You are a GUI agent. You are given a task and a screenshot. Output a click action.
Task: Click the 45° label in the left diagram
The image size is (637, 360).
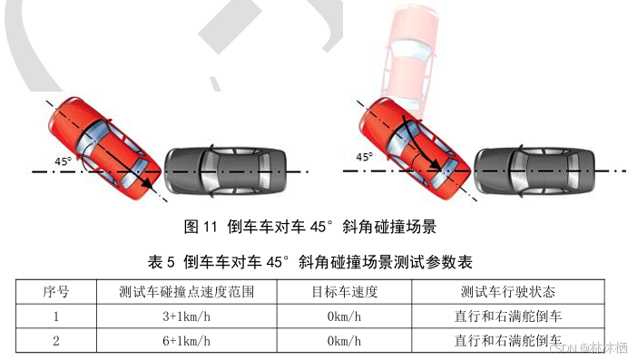(63, 161)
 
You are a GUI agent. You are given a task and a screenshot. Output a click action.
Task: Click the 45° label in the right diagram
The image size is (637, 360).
(365, 157)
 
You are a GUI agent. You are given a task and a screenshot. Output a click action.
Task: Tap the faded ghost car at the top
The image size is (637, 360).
(409, 59)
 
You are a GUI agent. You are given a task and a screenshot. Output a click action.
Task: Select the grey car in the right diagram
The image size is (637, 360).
(534, 170)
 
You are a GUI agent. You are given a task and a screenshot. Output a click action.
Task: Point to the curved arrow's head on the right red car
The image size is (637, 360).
(436, 164)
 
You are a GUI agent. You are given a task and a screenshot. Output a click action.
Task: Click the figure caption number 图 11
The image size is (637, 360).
(201, 227)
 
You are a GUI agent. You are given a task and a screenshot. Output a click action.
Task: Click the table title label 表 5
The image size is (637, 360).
(162, 262)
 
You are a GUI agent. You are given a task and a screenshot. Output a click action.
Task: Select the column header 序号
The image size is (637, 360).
(56, 292)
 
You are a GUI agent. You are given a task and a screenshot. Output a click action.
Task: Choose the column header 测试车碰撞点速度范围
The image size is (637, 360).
(186, 292)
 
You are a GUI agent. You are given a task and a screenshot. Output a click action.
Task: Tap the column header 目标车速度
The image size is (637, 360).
(345, 292)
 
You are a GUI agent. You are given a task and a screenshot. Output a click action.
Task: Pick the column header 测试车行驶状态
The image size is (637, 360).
(508, 292)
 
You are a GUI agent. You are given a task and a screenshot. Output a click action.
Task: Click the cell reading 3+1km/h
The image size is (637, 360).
(186, 316)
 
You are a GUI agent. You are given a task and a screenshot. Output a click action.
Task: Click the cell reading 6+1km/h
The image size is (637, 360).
(186, 341)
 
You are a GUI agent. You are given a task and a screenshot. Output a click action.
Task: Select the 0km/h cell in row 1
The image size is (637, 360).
(345, 316)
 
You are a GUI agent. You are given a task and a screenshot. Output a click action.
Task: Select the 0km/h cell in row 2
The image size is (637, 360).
(345, 341)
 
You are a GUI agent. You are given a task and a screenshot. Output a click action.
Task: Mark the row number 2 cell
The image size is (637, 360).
(56, 341)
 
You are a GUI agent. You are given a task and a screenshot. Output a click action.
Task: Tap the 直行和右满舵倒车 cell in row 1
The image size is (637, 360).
(508, 316)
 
